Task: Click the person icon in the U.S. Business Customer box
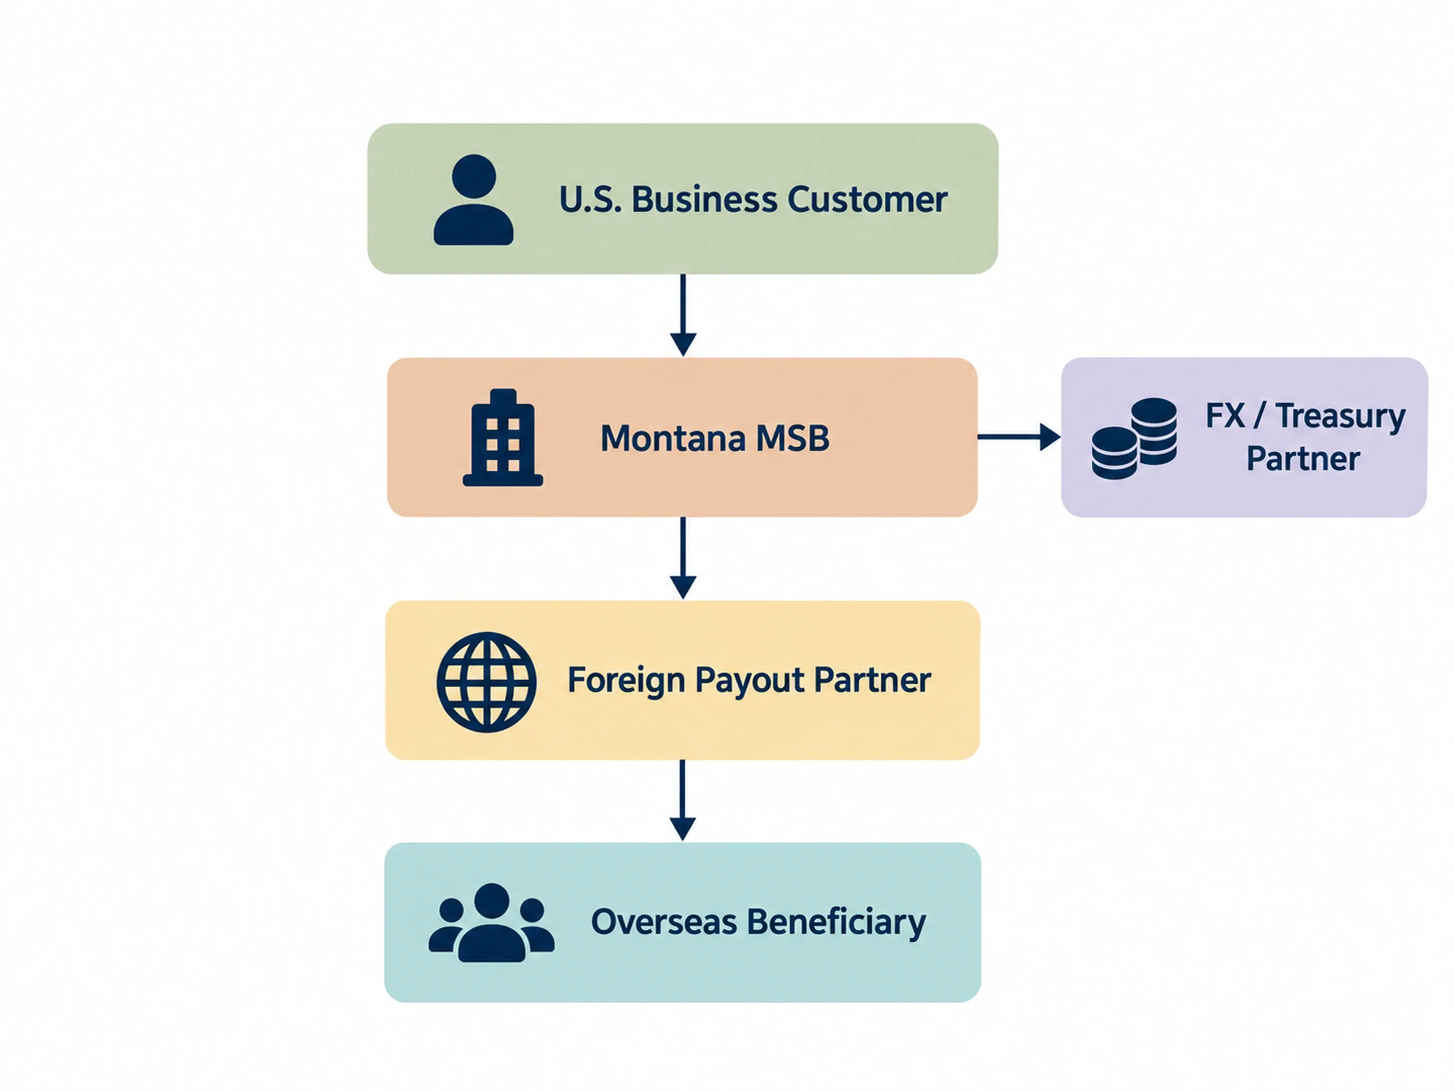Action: [474, 200]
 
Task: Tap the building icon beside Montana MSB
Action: [503, 438]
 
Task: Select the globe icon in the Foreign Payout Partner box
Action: [486, 682]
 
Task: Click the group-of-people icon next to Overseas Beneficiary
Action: [491, 923]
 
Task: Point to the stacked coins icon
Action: [1134, 439]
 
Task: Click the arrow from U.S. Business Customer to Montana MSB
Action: [683, 315]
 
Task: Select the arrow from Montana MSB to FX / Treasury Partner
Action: [1019, 437]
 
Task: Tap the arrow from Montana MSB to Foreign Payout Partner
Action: [683, 558]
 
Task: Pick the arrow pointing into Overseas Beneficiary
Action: [683, 800]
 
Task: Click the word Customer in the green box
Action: [867, 199]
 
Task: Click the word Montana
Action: [673, 438]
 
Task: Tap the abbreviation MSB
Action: [793, 438]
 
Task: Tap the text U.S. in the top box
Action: [590, 199]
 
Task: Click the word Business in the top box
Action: [704, 199]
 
